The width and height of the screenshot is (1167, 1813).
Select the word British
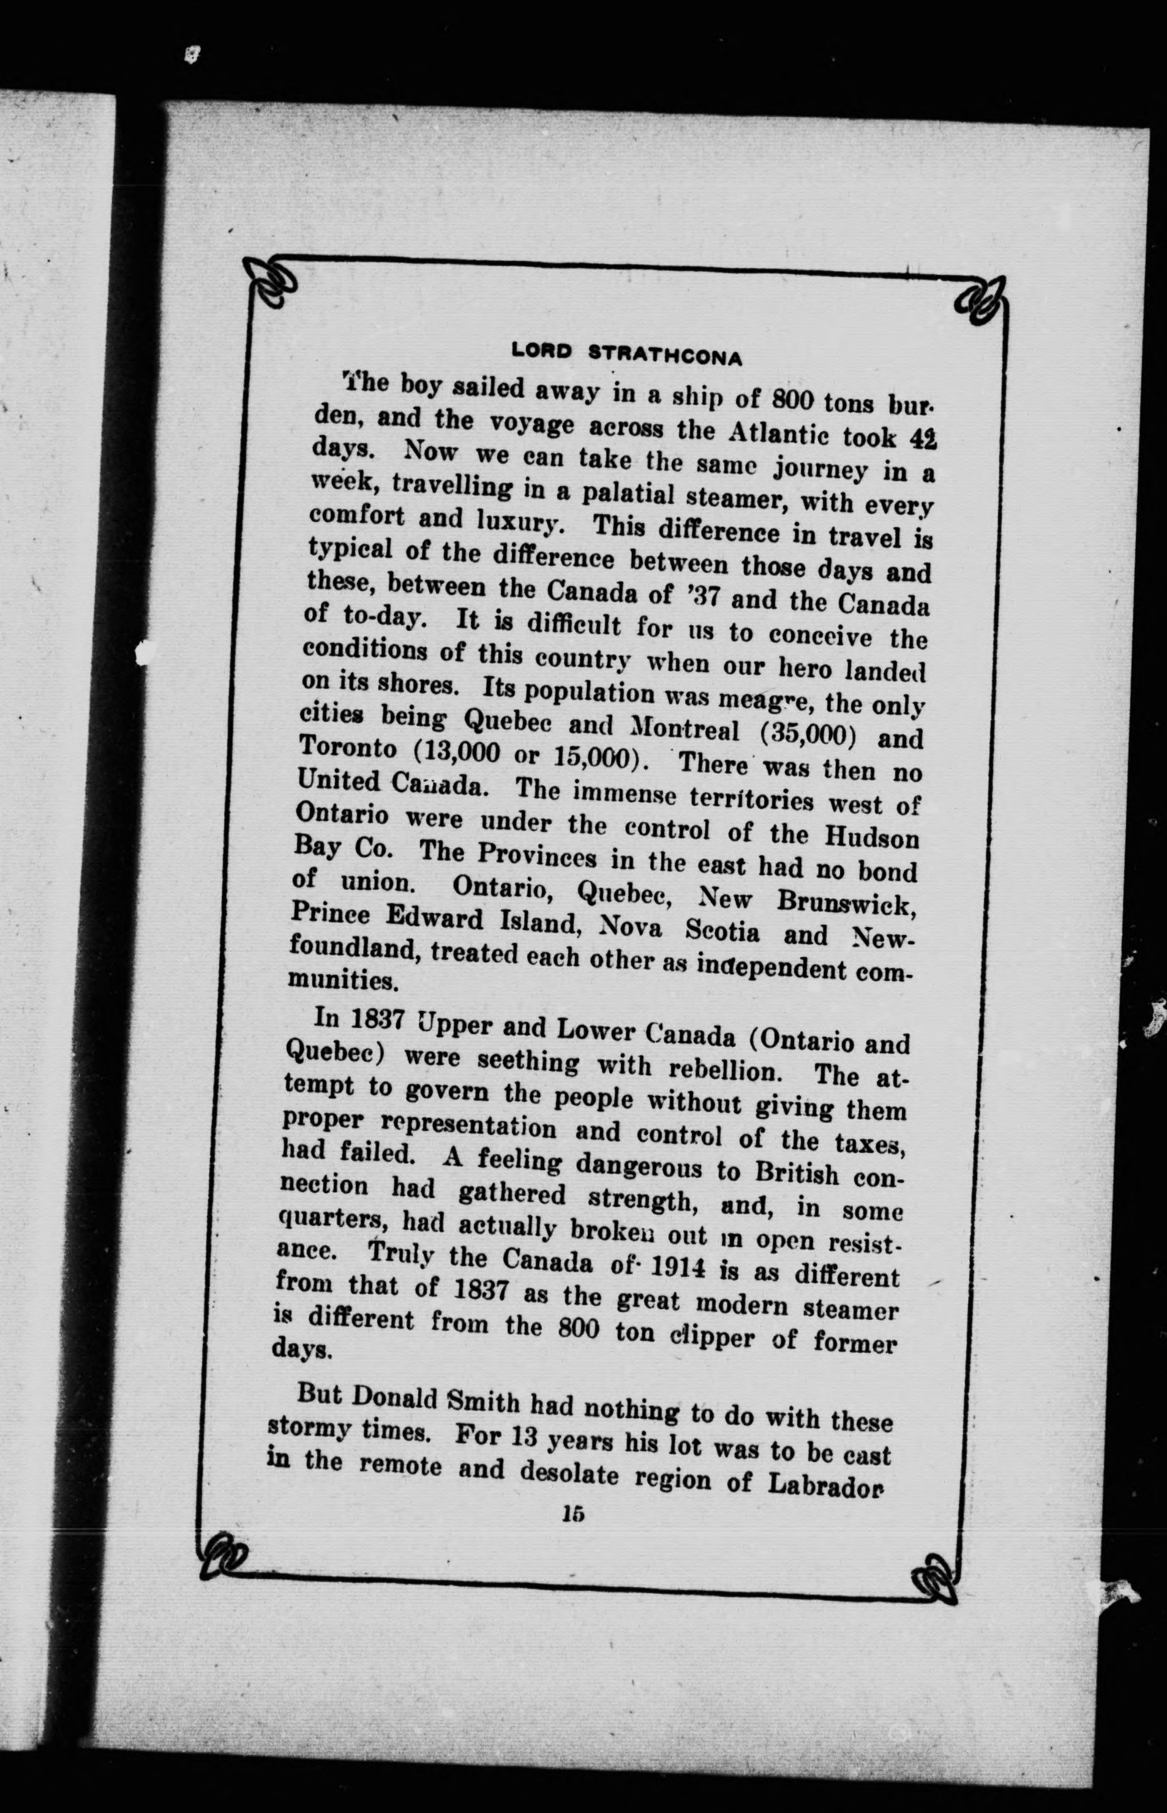[x=797, y=1172]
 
